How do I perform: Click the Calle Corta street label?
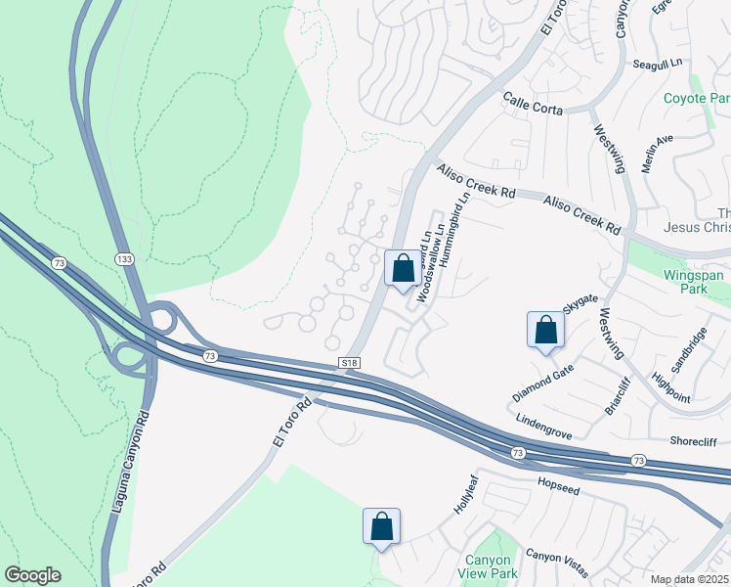click(533, 104)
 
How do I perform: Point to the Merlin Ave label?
click(658, 154)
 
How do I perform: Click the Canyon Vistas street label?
click(557, 557)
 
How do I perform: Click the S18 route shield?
click(351, 363)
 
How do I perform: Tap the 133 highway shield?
click(124, 258)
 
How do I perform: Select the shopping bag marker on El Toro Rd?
click(402, 268)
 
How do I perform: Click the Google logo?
click(32, 575)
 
